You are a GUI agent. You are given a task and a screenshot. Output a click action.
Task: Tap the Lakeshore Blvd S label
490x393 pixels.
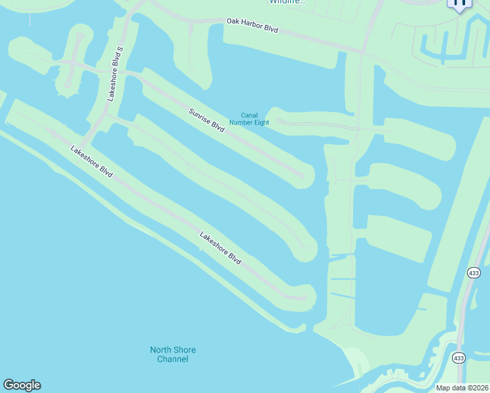[115, 73]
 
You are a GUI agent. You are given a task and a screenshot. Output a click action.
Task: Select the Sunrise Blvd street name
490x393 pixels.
[207, 121]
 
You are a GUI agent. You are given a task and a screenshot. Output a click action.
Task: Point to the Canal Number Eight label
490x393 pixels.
[249, 119]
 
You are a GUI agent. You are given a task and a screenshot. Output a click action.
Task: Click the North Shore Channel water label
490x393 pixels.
[173, 354]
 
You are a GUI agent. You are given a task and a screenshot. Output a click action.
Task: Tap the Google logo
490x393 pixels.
[22, 385]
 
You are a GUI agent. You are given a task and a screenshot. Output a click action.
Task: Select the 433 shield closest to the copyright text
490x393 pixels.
[458, 358]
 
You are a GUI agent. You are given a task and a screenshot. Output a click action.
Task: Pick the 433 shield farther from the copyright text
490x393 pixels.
[474, 272]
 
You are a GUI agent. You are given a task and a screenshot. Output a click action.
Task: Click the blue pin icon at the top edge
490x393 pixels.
[459, 3]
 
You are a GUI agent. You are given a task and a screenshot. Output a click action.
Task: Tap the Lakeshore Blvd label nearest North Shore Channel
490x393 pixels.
[220, 249]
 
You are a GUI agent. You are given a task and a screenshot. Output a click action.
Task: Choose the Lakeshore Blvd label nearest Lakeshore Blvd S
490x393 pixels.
[92, 162]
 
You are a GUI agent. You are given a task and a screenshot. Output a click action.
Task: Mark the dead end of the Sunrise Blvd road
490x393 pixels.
[302, 176]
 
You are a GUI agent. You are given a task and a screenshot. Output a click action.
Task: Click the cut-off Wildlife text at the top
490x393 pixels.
[287, 2]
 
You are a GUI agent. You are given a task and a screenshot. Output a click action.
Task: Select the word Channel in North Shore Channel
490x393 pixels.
[173, 359]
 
